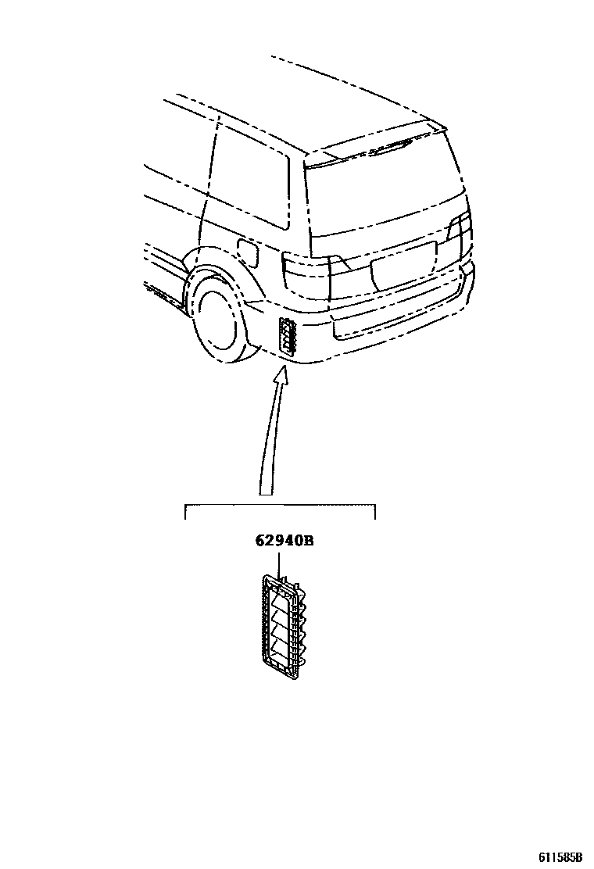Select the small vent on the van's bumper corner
(x=288, y=337)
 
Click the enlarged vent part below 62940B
(x=282, y=622)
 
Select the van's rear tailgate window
(x=375, y=195)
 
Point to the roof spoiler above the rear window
(x=375, y=148)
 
